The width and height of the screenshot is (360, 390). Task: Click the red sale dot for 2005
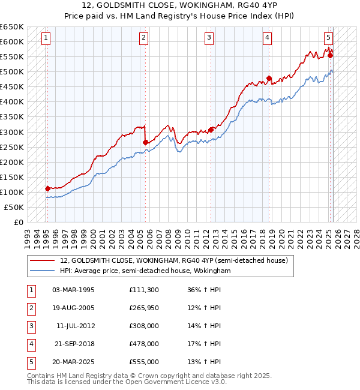point(146,142)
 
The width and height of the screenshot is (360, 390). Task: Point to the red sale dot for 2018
point(269,78)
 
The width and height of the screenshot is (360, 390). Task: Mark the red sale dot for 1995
point(47,188)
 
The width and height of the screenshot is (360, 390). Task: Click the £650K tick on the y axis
point(12,27)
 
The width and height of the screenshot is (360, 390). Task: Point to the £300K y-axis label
point(12,132)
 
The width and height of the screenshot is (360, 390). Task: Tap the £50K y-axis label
point(14,207)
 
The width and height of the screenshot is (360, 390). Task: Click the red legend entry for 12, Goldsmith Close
point(174,260)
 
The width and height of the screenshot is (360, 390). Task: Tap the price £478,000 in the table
point(144,344)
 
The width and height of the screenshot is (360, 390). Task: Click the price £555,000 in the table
point(144,362)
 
